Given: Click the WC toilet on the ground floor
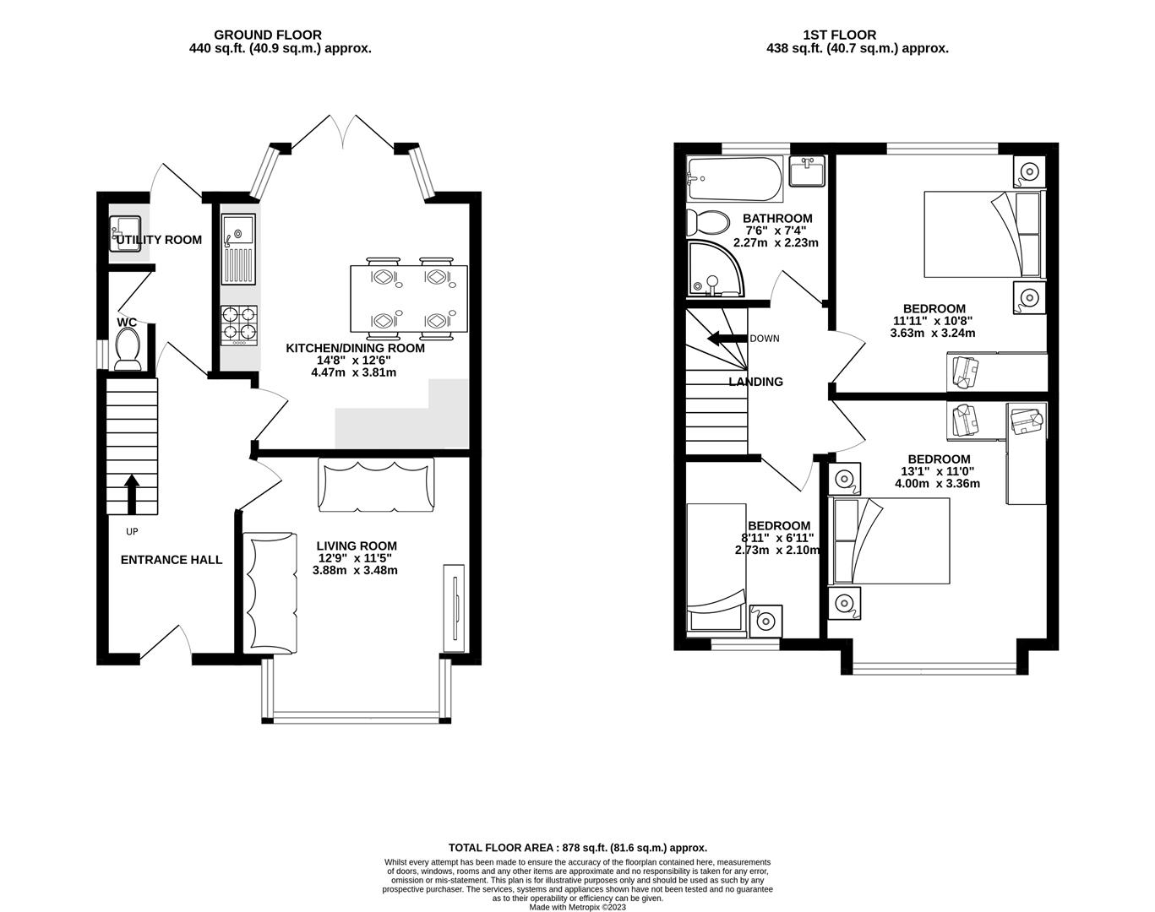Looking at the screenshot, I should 128,349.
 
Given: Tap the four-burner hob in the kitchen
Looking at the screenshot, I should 239,324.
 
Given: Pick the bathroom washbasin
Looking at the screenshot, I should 807,171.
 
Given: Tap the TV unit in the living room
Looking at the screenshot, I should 454,607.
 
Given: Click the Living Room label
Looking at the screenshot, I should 357,546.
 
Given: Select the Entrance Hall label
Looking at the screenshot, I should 172,560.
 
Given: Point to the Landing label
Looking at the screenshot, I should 755,382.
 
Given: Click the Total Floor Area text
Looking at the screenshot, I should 577,847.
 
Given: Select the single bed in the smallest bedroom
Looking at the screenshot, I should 716,567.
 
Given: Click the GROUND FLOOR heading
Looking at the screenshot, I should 267,35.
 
